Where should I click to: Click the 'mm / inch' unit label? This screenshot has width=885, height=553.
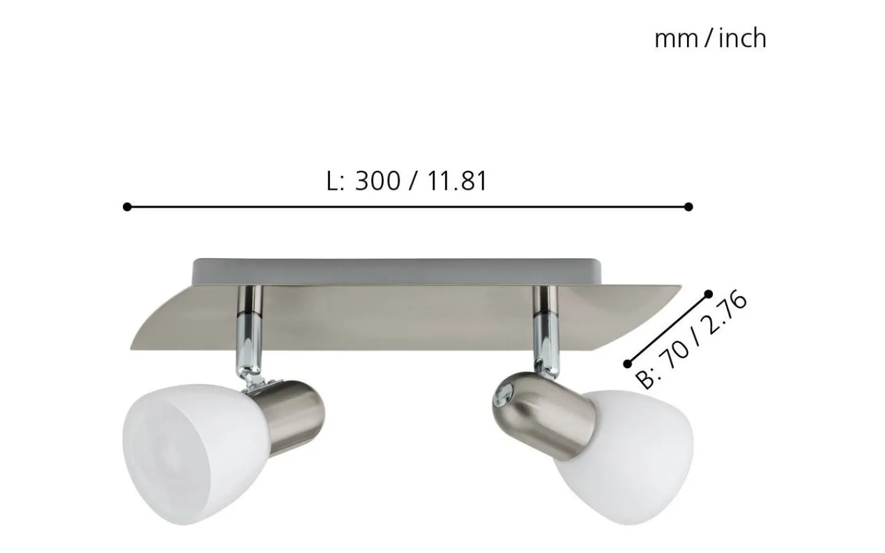point(710,39)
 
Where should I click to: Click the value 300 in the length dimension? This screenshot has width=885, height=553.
point(377,181)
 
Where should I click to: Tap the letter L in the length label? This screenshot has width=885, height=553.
point(332,181)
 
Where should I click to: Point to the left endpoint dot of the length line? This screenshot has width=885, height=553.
point(127,207)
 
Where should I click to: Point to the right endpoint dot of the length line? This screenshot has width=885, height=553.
point(688,207)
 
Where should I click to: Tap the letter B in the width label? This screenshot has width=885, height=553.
point(645,380)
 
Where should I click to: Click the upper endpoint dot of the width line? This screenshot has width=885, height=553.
point(708,294)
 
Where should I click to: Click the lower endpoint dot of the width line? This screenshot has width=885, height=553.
point(627,363)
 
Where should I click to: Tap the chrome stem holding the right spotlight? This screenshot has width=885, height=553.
point(545,335)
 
